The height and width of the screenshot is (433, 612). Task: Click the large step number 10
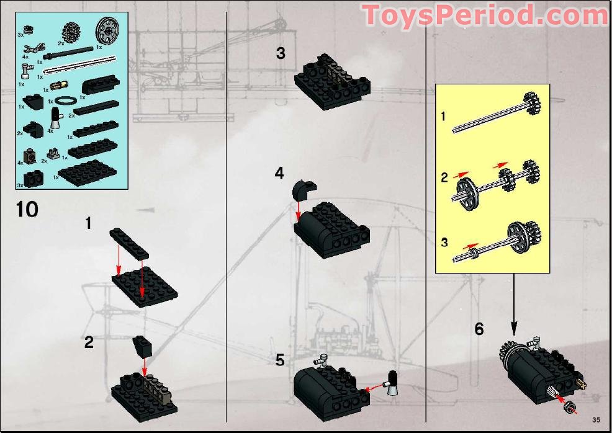27,209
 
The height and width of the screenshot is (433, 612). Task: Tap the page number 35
596,420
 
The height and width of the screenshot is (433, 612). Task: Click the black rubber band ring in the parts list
66,100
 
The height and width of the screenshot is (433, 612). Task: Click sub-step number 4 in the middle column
279,173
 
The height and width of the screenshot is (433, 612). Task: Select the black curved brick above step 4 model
304,187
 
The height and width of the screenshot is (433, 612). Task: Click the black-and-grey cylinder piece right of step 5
392,382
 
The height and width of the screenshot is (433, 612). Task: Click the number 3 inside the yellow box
444,242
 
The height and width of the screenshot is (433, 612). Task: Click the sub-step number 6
479,329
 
